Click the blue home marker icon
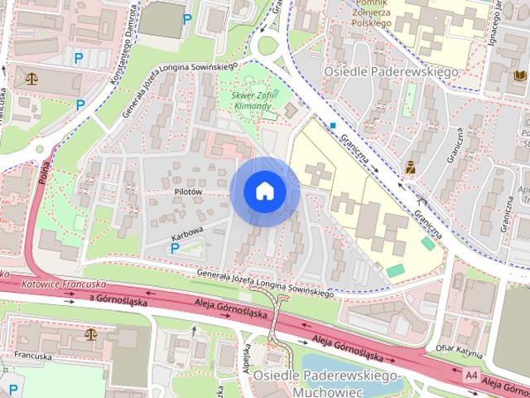[264, 191]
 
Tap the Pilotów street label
[188, 192]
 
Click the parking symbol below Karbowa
[176, 248]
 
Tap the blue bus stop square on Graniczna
[332, 126]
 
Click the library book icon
[519, 75]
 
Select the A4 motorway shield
[471, 375]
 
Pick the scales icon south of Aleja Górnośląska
[89, 334]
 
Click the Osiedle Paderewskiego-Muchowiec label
[326, 383]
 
